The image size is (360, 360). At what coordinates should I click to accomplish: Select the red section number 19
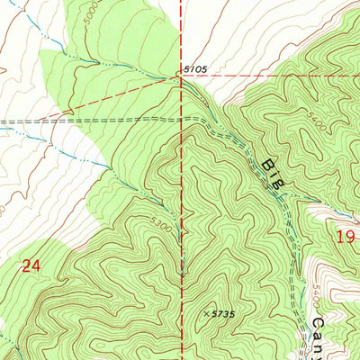point(346,237)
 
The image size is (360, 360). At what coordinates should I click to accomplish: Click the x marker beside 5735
point(206,313)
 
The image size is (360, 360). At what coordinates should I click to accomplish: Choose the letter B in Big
point(267,165)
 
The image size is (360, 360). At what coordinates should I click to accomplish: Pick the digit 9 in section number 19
point(351,237)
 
